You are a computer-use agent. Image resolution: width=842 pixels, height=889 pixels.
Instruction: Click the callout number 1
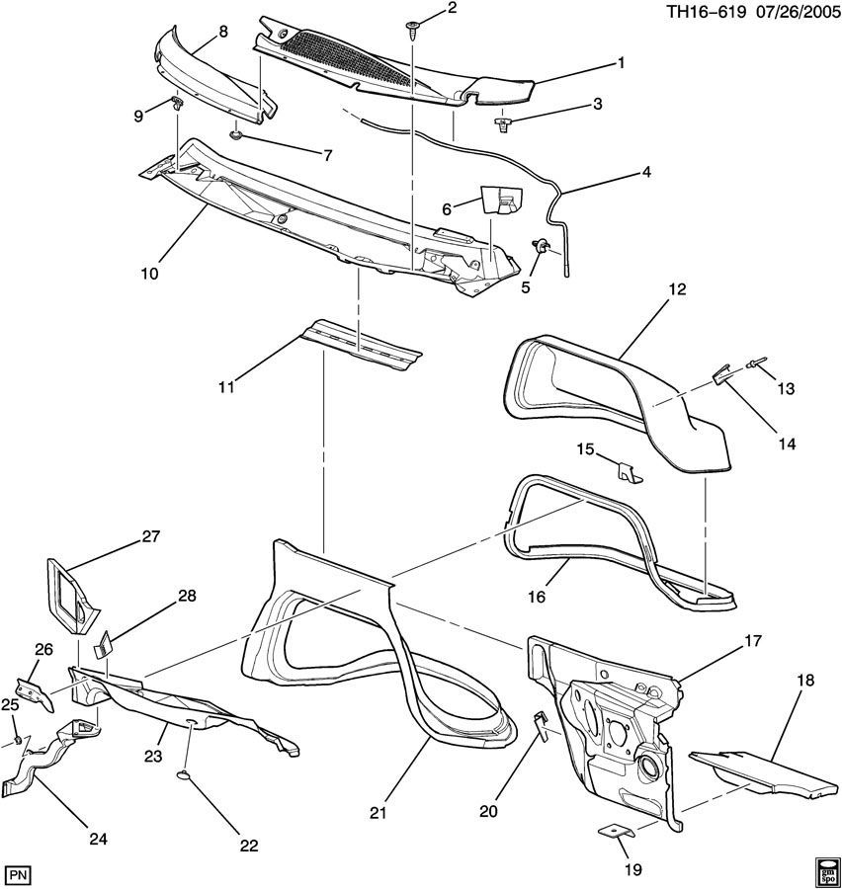click(622, 63)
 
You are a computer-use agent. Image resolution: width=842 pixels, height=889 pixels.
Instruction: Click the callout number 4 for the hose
click(646, 172)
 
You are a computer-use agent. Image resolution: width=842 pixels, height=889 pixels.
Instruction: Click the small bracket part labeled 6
click(502, 199)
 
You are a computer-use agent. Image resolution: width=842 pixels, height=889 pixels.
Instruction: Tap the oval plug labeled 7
click(235, 135)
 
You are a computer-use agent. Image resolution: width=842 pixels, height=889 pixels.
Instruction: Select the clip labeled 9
click(178, 103)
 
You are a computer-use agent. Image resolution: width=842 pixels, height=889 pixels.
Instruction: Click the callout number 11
click(226, 388)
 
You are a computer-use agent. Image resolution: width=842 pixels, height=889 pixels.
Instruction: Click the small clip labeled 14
click(721, 374)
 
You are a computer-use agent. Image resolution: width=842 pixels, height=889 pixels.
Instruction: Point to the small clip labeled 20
click(542, 727)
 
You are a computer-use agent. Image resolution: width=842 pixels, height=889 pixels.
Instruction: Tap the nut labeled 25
click(18, 739)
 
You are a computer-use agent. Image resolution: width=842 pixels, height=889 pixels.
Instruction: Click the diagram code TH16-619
click(706, 12)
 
